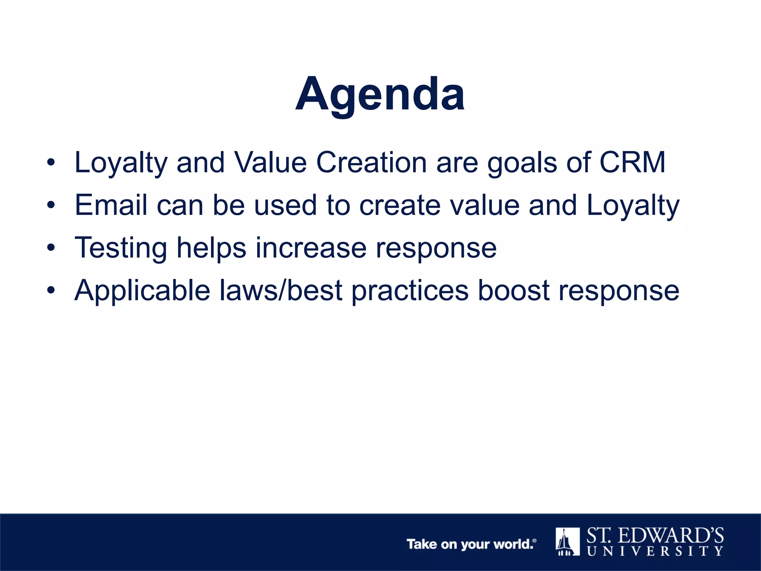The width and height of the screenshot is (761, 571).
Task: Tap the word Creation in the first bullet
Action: [371, 162]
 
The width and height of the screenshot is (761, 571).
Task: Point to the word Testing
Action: [121, 248]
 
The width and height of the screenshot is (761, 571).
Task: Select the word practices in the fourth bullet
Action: [410, 290]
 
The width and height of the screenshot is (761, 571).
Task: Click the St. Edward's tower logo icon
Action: [567, 541]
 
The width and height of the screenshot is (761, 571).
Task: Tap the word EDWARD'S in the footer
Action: [671, 536]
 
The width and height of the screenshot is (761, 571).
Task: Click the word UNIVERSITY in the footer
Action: [655, 551]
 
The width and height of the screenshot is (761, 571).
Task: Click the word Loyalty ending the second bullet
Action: [633, 206]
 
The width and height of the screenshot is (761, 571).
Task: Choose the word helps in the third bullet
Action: [211, 248]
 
